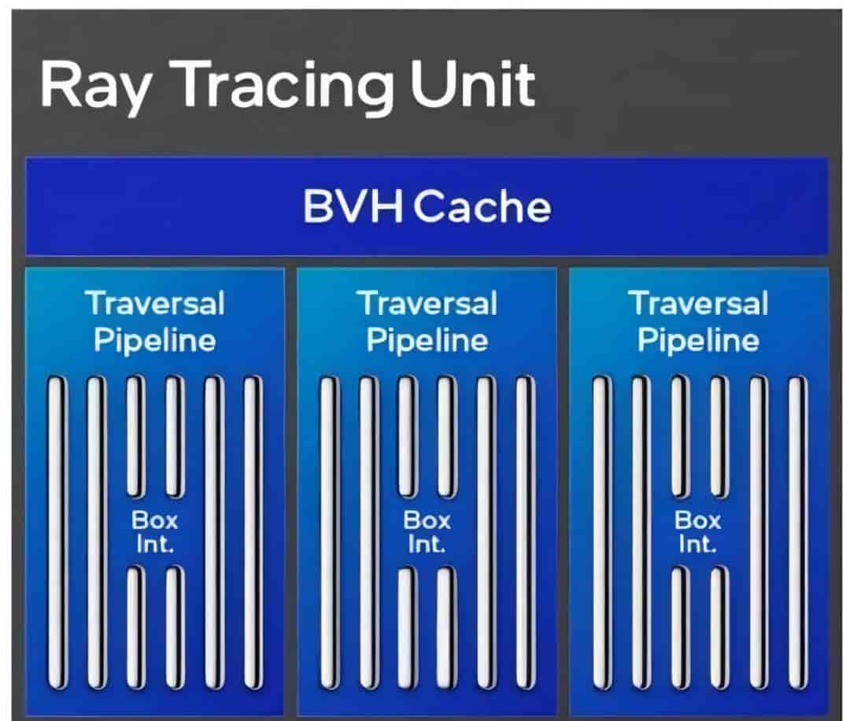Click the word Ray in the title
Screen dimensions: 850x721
(x=95, y=87)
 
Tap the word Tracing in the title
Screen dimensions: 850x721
(x=286, y=87)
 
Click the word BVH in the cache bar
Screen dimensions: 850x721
(x=353, y=206)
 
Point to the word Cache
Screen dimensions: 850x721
(x=482, y=206)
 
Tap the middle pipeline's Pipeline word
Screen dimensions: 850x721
(x=427, y=342)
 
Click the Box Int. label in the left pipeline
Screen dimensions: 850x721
(x=154, y=532)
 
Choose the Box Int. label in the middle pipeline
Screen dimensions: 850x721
(x=427, y=532)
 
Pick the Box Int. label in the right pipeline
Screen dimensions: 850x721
(x=697, y=532)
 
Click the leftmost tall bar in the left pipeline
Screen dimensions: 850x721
(x=57, y=533)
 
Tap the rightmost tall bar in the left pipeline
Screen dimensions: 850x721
(x=252, y=533)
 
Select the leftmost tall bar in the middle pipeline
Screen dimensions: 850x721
(x=328, y=533)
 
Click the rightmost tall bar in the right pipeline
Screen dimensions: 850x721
(x=796, y=533)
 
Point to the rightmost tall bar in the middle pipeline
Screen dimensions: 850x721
(x=524, y=533)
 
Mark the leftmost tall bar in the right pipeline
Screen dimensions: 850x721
(x=601, y=533)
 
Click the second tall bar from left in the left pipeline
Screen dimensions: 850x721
(x=95, y=533)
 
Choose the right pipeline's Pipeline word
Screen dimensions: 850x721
(x=698, y=342)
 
